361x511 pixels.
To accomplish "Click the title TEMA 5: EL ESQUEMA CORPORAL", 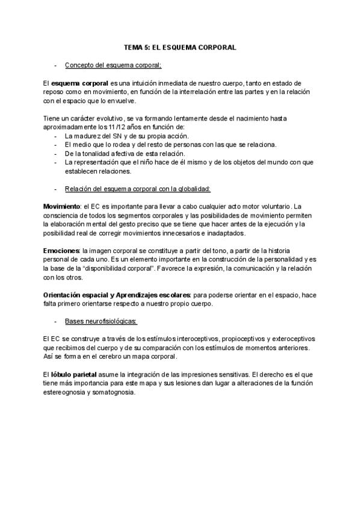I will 180,46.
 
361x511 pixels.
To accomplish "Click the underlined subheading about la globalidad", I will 138,189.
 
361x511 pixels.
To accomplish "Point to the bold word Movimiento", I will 62,206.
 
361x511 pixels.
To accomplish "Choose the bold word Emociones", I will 61,249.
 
